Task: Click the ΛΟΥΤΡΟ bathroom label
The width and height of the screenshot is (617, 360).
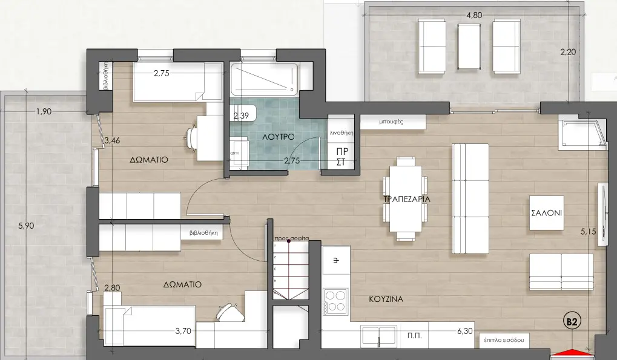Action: [x=278, y=137]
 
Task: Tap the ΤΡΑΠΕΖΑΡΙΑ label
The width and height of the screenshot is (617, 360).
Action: [x=407, y=199]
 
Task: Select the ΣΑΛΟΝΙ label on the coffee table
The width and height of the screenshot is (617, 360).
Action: [x=547, y=213]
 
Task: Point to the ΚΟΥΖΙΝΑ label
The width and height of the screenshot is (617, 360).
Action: [x=386, y=299]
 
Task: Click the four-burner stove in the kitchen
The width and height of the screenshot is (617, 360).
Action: [x=335, y=302]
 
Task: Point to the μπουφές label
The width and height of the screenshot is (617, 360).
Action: [x=391, y=122]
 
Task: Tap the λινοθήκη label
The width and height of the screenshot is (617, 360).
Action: [x=341, y=133]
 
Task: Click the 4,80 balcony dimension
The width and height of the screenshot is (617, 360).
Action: [x=473, y=15]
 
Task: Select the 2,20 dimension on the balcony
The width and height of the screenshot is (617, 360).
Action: [x=568, y=52]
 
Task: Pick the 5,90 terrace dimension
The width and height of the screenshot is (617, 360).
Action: [x=27, y=226]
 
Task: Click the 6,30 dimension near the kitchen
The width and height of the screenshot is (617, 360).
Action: [x=464, y=332]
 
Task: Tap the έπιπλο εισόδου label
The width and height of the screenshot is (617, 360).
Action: [x=503, y=341]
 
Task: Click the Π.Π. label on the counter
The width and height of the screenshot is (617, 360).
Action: [x=414, y=336]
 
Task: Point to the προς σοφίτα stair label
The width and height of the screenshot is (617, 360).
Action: [x=292, y=238]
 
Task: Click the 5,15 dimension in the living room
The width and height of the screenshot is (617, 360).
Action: [x=589, y=232]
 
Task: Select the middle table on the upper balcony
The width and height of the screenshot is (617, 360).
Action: [x=469, y=47]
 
